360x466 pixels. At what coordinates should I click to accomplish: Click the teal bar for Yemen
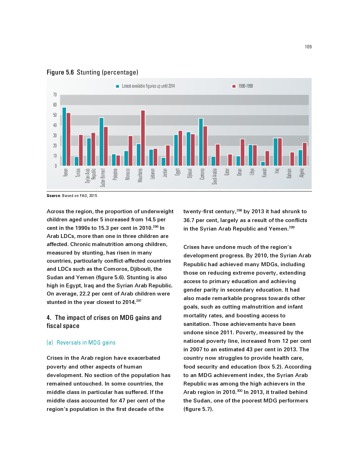pos(64,137)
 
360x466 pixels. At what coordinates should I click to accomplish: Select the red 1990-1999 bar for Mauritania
pos(143,138)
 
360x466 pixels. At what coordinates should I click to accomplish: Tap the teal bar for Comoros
pos(201,142)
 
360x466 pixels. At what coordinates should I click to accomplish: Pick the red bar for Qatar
pos(230,160)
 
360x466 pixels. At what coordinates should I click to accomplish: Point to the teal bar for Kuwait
pos(263,163)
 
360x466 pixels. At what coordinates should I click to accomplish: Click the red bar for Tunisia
pos(81,150)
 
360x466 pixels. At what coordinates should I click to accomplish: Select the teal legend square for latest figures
pos(118,86)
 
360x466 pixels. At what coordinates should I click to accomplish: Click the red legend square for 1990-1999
pos(234,86)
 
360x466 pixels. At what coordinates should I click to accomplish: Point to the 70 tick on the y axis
pos(55,95)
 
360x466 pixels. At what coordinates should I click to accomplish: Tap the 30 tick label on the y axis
pos(55,136)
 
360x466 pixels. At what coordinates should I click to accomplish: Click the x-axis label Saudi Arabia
pos(215,176)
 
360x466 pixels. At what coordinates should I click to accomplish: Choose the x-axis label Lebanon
pos(152,174)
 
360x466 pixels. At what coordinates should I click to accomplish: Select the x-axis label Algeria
pos(302,173)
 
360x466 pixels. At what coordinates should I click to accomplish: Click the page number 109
pos(308,47)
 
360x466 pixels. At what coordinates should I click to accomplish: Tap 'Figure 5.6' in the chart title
pos(60,72)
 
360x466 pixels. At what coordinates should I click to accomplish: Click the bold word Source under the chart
pos(54,196)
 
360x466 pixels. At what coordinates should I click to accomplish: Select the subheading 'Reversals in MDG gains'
pos(86,342)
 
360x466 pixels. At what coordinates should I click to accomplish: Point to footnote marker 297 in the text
pos(139,301)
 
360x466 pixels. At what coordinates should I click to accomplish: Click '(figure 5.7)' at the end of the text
pos(198,409)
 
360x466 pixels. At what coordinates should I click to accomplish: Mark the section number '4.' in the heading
pos(49,318)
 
